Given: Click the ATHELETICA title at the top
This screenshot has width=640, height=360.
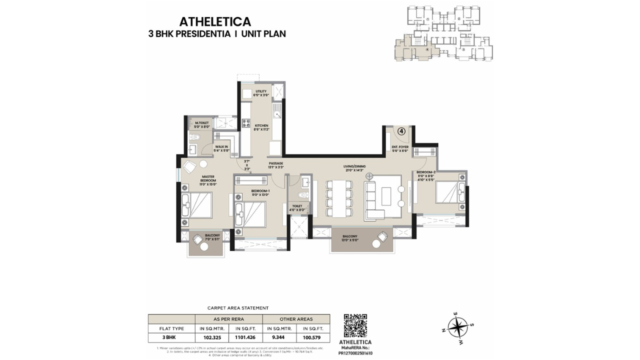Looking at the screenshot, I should pyautogui.click(x=215, y=22).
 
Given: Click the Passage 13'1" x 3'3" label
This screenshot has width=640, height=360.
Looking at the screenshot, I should pyautogui.click(x=275, y=165).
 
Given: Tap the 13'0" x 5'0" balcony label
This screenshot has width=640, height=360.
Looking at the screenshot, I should pyautogui.click(x=350, y=238).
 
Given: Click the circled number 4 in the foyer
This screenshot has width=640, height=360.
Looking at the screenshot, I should pyautogui.click(x=401, y=131).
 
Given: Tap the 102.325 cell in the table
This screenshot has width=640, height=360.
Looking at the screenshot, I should pyautogui.click(x=211, y=337).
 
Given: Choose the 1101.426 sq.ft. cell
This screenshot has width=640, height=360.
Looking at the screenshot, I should pyautogui.click(x=245, y=337).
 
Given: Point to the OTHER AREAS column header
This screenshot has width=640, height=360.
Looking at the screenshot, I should pyautogui.click(x=296, y=319).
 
